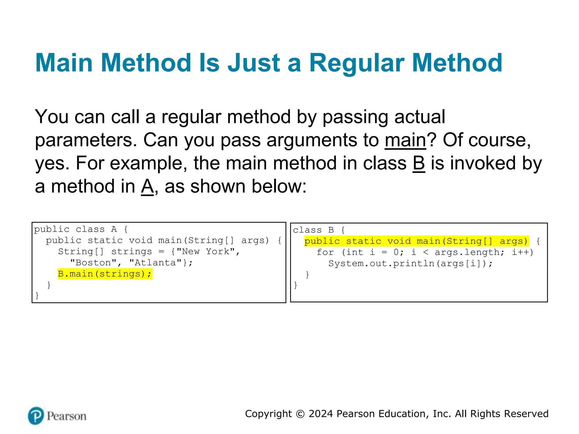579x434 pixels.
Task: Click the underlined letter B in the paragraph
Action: (419, 163)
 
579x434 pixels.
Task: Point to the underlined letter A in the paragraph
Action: (147, 186)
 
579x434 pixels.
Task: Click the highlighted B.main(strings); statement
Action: (105, 274)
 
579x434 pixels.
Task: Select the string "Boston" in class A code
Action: (93, 263)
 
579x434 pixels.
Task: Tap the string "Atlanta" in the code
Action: (155, 263)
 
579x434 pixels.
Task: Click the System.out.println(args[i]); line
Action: (410, 264)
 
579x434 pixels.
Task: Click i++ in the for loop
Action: (522, 252)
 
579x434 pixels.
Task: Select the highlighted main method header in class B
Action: (416, 241)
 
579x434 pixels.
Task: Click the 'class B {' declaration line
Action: (319, 230)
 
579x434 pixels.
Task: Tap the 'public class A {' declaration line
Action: (81, 229)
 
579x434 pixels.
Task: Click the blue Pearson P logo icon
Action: (36, 416)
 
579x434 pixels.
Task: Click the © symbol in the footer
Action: (300, 414)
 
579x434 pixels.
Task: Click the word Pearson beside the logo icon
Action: (66, 416)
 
